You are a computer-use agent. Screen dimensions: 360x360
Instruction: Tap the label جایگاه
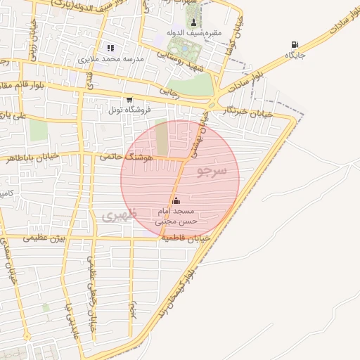click(293, 55)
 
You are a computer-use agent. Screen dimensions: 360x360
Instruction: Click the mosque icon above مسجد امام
click(176, 200)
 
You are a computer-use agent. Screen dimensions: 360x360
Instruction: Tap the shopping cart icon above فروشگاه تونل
click(129, 100)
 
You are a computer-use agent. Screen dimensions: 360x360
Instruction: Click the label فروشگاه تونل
click(124, 110)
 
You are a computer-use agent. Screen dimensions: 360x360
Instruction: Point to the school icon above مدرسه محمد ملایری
click(110, 48)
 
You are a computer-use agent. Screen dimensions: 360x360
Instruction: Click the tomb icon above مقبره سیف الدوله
click(193, 22)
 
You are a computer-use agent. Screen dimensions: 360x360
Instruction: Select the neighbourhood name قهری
click(120, 214)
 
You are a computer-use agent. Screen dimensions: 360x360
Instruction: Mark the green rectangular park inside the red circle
click(162, 139)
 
